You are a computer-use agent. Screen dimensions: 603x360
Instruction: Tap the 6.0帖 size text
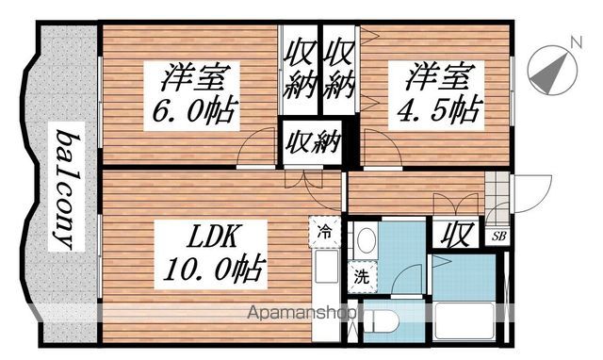[x=196, y=112]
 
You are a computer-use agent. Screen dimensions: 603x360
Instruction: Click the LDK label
[x=219, y=234]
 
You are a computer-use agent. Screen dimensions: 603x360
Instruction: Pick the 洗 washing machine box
[x=361, y=277]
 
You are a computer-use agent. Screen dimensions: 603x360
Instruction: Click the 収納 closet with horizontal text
[x=313, y=144]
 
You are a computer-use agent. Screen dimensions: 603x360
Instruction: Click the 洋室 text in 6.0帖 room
[x=197, y=75]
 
